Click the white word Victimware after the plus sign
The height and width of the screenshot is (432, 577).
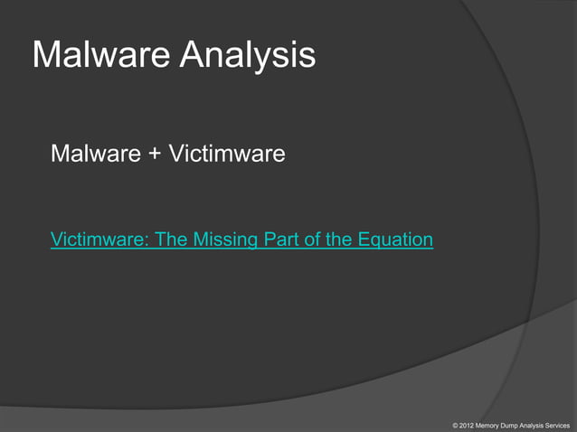click(x=226, y=155)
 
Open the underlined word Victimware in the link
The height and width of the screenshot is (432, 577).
click(x=100, y=239)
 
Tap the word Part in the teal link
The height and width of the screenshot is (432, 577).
click(x=279, y=239)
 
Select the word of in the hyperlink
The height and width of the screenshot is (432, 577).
click(x=310, y=239)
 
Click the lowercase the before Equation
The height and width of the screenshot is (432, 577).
click(x=336, y=239)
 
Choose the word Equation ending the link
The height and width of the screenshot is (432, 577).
click(x=394, y=239)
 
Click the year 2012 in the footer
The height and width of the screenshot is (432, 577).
click(x=465, y=423)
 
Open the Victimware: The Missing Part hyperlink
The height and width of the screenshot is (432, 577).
click(x=241, y=239)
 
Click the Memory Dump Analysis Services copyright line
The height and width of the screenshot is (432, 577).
click(x=512, y=423)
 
